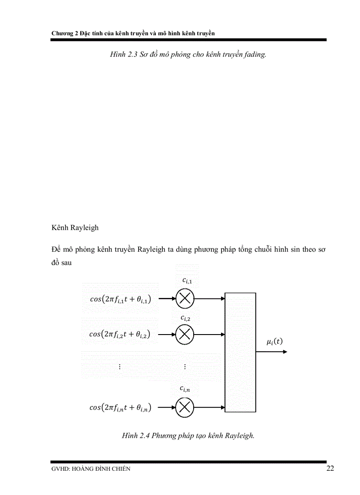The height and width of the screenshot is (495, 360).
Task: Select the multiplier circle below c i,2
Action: pos(185,334)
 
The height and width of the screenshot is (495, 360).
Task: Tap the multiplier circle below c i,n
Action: pos(185,407)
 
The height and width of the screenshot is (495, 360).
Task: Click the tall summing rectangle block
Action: pos(240,352)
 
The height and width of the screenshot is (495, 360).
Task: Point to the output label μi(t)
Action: pos(275,342)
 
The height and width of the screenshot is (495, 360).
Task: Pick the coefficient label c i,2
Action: pos(186,317)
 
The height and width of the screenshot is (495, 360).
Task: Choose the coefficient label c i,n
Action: pos(185,388)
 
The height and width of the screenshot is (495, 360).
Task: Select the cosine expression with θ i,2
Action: pos(120,334)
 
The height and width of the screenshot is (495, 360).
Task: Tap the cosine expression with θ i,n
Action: pos(120,408)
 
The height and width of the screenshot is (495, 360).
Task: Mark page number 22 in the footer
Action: pos(330,468)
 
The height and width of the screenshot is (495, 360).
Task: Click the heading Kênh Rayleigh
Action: pos(75,228)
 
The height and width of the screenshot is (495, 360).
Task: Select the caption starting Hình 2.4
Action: pos(188,436)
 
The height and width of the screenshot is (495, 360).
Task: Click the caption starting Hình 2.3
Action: pos(188,56)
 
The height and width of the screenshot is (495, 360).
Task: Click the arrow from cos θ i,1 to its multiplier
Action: pos(167,299)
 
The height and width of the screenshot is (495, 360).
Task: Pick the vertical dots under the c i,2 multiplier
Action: pos(185,367)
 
